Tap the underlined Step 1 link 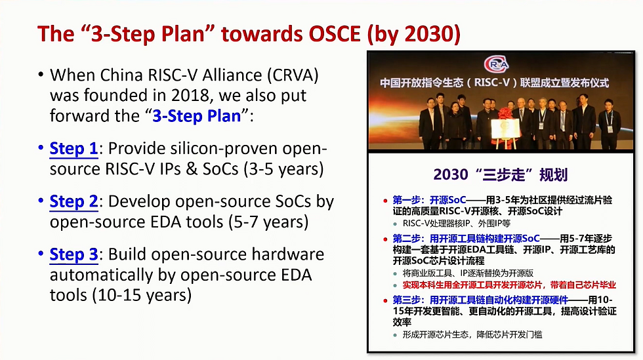point(73,150)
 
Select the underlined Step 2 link point(73,201)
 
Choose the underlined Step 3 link point(73,254)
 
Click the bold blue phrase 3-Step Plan point(196,116)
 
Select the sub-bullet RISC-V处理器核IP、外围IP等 point(457,224)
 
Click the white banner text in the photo point(495,84)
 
